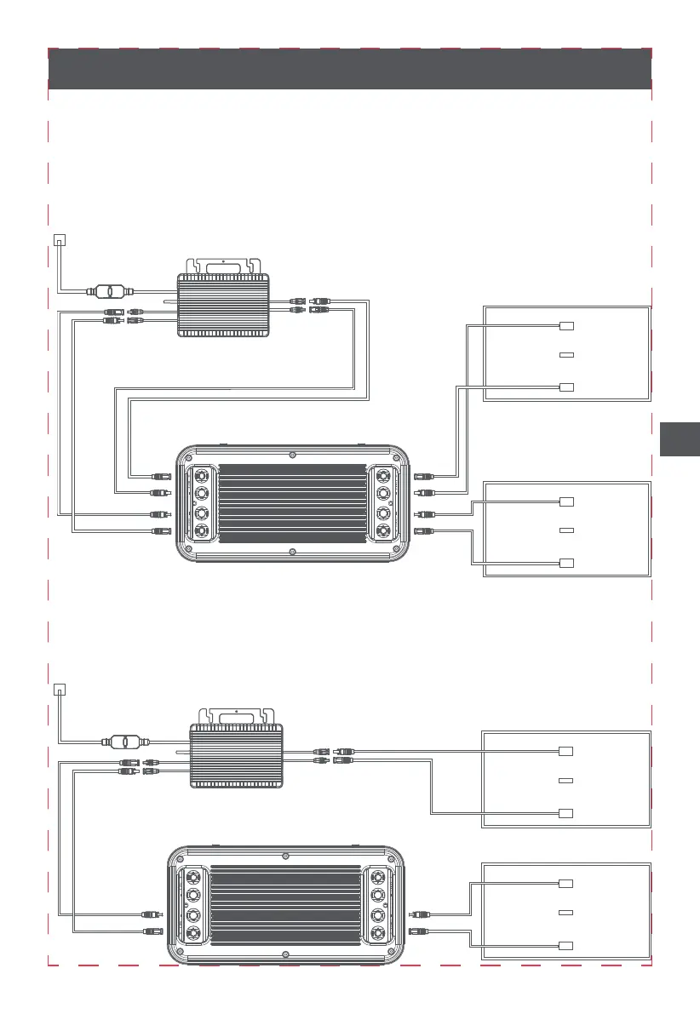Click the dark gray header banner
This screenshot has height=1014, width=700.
[x=349, y=68]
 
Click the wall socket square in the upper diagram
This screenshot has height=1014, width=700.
[x=58, y=239]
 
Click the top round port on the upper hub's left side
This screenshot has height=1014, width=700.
[x=203, y=474]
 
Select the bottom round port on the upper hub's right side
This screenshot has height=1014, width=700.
[x=384, y=533]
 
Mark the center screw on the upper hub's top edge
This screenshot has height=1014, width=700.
[x=293, y=452]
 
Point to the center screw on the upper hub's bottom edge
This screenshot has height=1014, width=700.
[x=293, y=553]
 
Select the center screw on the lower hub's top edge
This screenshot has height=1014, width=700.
[x=286, y=854]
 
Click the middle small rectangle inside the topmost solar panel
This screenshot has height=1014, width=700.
[x=567, y=354]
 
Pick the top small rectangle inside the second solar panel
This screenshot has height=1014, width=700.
[x=567, y=501]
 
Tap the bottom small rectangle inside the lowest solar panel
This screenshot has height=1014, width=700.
[x=565, y=946]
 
